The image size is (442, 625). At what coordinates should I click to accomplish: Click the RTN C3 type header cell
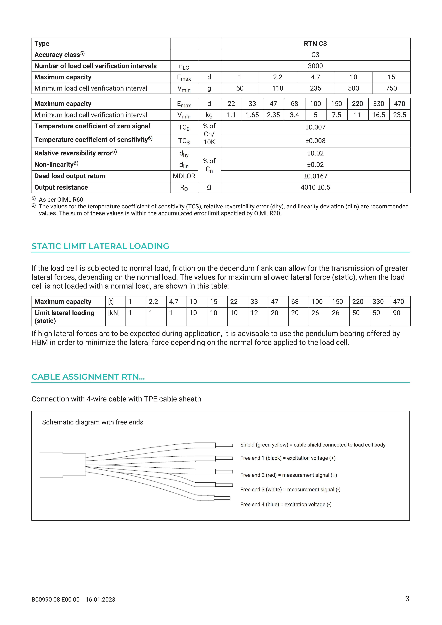[x=315, y=44]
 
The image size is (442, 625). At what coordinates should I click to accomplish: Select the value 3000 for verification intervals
[x=315, y=66]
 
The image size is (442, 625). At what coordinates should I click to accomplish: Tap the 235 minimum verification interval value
[x=315, y=88]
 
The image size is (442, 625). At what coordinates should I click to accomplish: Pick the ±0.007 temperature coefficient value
[x=315, y=127]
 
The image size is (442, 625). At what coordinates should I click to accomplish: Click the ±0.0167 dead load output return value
[x=315, y=176]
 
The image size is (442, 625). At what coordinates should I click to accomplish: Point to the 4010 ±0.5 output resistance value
[x=315, y=187]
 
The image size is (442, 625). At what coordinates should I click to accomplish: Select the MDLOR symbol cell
[x=184, y=176]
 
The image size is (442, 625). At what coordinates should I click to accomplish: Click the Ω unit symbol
[x=209, y=187]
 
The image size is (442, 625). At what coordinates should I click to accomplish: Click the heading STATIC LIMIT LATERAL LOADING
[x=100, y=246]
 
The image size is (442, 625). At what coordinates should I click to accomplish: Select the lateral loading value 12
[x=254, y=313]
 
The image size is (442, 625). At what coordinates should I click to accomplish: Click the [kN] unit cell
[x=114, y=313]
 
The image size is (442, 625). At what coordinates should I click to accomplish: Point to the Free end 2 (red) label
[x=289, y=475]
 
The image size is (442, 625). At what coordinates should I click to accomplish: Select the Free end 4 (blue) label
[x=286, y=504]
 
